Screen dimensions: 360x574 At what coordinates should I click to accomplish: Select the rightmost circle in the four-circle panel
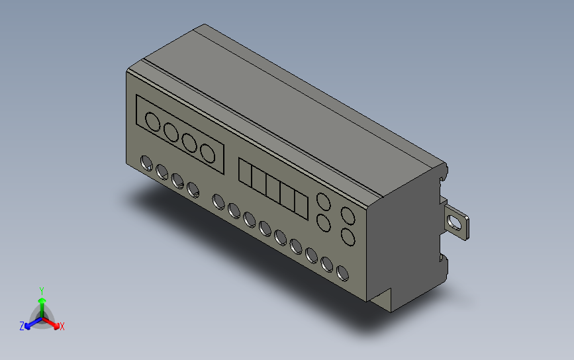[209, 153]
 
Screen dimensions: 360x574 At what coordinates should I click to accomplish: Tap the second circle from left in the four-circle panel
[171, 132]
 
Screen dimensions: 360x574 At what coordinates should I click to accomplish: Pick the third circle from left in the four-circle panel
[190, 142]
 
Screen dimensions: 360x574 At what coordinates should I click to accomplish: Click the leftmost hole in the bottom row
[146, 162]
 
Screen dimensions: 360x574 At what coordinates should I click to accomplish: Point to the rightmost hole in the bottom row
[342, 272]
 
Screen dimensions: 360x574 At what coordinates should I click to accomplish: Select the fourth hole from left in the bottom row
[193, 190]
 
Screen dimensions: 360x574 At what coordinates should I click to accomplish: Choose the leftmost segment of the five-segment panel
[244, 174]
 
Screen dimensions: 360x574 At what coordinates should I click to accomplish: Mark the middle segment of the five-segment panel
[273, 189]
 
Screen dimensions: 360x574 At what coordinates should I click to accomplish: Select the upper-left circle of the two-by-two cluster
[324, 202]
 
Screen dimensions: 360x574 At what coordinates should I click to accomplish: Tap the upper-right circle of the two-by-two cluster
[347, 215]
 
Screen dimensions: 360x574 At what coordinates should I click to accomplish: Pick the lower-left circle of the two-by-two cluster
[324, 224]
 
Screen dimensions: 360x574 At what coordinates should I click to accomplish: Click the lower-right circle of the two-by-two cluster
[347, 237]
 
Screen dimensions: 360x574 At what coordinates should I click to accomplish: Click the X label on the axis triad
[62, 326]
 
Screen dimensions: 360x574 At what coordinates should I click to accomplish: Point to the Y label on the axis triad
[42, 291]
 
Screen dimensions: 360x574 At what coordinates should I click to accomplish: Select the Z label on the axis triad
[22, 326]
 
